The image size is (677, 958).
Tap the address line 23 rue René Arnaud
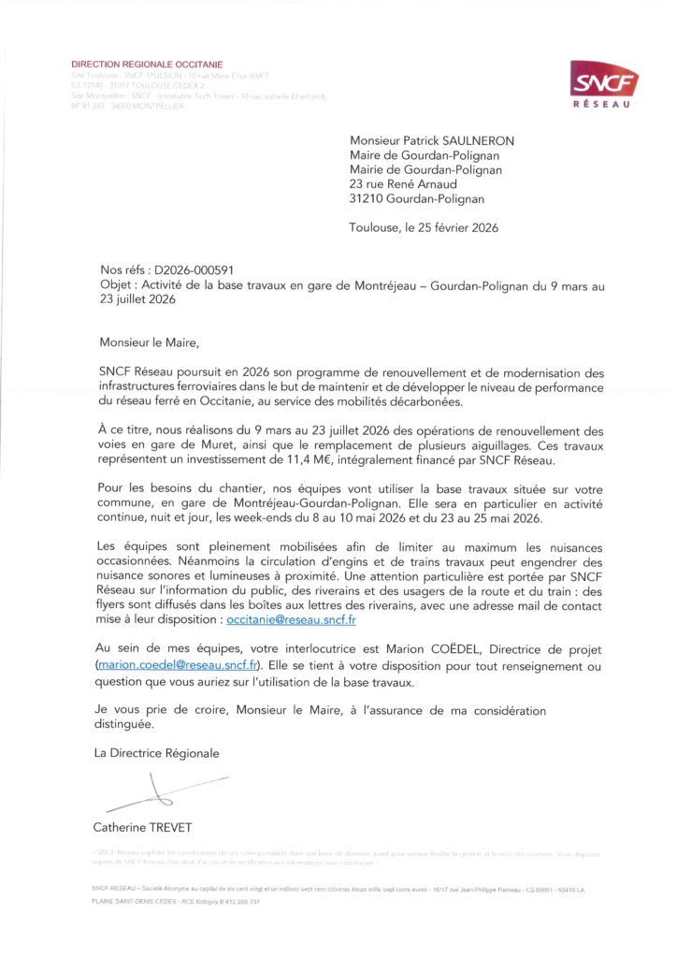point(403,184)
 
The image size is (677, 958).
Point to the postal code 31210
point(367,199)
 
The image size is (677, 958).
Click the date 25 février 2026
point(458,227)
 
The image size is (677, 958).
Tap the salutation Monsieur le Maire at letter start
point(150,342)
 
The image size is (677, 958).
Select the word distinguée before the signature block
point(124,724)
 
